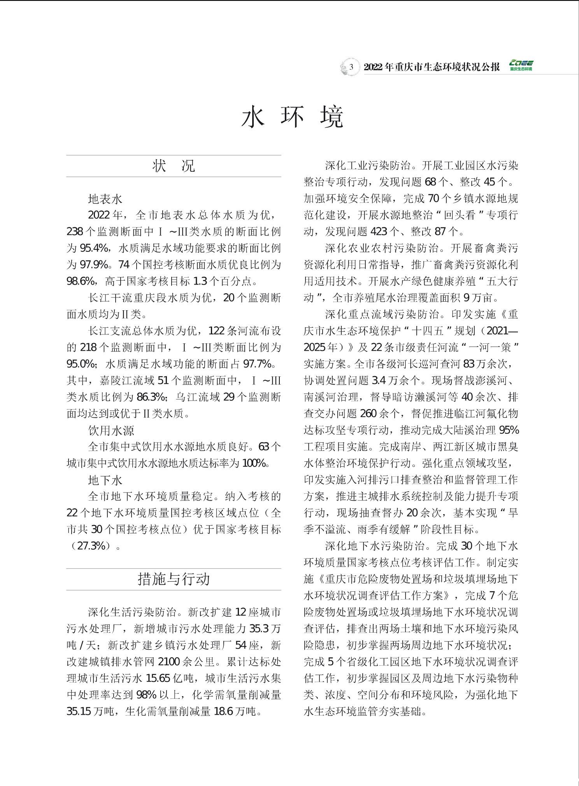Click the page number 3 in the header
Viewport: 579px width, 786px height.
tap(351, 67)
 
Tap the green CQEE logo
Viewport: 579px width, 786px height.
tap(521, 66)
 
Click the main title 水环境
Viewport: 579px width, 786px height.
tap(293, 116)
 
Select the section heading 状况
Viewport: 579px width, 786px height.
tap(174, 166)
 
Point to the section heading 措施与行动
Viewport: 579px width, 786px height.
tap(174, 579)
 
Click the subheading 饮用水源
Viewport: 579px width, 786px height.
tap(111, 430)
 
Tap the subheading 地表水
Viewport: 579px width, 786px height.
tap(105, 199)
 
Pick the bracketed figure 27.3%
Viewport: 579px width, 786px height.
tap(91, 546)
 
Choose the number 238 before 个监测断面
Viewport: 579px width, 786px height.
tap(75, 232)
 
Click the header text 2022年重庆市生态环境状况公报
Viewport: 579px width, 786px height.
tap(432, 67)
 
